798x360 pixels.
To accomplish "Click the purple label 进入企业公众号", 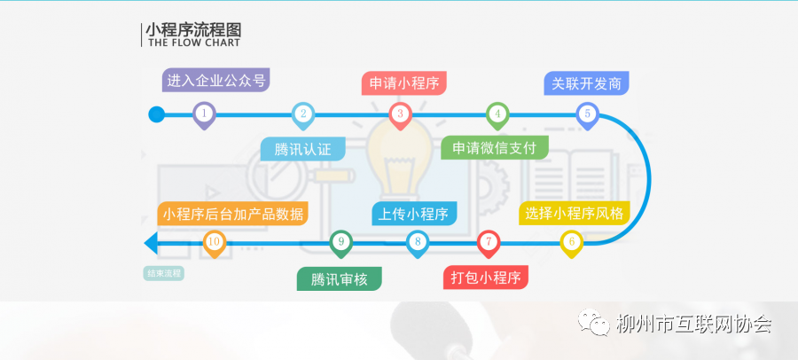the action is coord(215,81).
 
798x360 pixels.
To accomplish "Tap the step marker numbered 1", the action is coord(204,115).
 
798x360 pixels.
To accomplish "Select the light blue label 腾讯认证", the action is coord(303,149).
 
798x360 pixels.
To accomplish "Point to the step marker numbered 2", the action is coord(303,115).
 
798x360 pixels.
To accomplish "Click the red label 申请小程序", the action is coord(404,83).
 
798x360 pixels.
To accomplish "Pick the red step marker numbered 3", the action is coord(400,115).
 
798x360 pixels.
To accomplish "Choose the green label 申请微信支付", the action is coord(495,148).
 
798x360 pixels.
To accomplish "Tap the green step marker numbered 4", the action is coord(497,115).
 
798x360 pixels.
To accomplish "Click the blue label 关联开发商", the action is coord(586,83).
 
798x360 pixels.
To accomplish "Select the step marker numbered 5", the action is coord(587,115).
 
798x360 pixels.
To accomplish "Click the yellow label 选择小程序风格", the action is coord(574,213).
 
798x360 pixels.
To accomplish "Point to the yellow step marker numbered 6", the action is coord(572,243).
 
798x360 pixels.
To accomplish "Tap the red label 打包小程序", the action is coord(486,278).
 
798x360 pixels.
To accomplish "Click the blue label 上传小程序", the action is coord(414,214).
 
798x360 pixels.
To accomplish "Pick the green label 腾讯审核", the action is coord(339,279).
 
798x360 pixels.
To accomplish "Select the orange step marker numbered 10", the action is coord(215,243).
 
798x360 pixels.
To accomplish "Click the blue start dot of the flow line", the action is coord(156,114).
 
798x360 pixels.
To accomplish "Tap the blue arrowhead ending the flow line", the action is coord(152,242).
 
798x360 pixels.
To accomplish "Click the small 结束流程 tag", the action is coord(163,273).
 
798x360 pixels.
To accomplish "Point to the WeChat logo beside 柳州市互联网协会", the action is coord(593,323).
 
